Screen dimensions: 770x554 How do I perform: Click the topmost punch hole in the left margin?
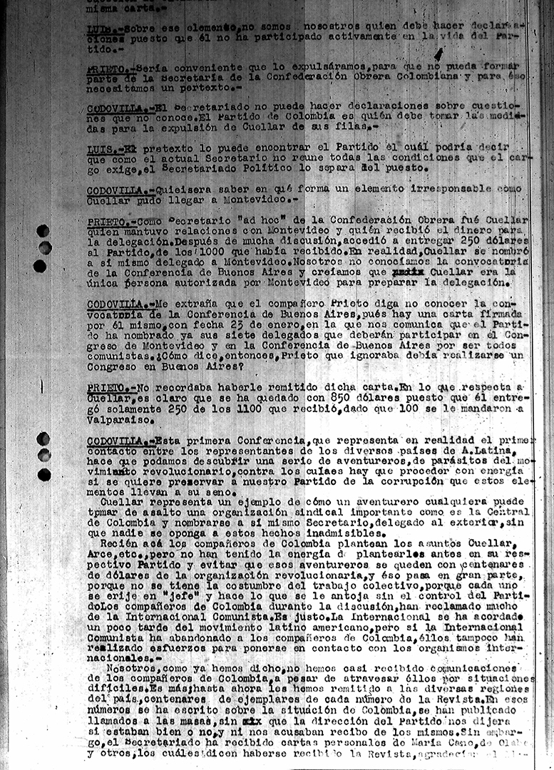pos(43,231)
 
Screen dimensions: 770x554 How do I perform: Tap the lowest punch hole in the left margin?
pos(44,474)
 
